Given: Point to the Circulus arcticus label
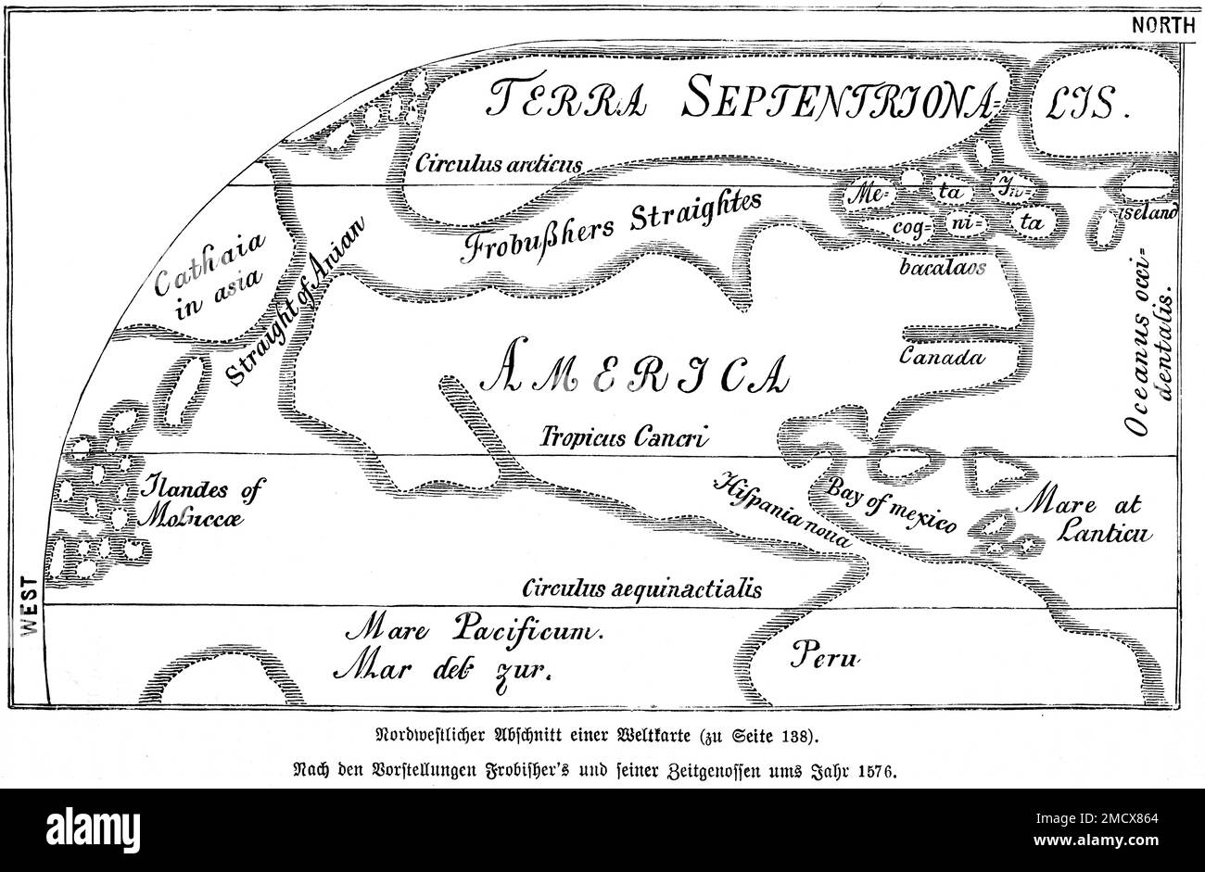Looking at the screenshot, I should coord(499,165).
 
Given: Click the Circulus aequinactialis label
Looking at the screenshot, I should coord(641,588).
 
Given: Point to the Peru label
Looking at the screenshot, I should coord(826,658).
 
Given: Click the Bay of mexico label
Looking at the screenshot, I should coord(890,506).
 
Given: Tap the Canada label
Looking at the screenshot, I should coord(940,356).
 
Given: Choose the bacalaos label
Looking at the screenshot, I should coord(941,265).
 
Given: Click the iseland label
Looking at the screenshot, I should coord(1148,212).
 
